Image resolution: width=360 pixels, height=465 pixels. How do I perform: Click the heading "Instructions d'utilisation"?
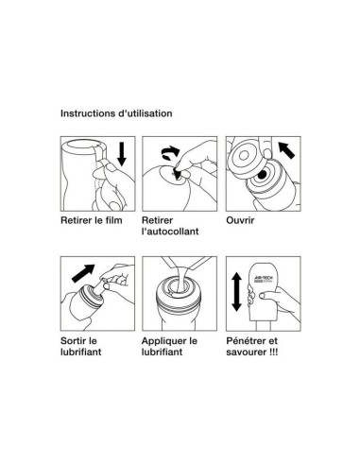point(116,113)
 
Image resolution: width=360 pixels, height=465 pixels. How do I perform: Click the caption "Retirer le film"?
point(92,220)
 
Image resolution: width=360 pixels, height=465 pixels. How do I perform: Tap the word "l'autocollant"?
point(170,232)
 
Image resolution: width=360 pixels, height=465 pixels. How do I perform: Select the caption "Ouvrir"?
point(240,220)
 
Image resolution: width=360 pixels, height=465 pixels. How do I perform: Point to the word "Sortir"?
point(75,340)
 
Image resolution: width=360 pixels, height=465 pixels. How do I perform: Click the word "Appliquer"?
point(161,341)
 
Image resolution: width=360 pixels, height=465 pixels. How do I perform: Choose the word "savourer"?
point(247,352)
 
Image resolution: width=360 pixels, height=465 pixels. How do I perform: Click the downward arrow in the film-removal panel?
point(121,154)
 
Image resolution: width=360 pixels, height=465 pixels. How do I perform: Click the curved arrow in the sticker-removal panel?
point(170,152)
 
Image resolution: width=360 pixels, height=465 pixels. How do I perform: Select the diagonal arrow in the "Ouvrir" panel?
point(286,149)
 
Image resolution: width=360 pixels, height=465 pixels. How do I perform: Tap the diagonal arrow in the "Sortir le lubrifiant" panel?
point(83,273)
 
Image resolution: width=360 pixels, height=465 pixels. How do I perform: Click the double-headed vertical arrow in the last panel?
point(236,292)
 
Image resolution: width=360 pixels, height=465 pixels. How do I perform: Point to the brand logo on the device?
point(264,279)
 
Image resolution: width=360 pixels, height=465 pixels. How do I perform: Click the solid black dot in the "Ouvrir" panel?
point(262,175)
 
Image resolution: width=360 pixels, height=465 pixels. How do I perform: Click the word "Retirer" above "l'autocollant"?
point(157,220)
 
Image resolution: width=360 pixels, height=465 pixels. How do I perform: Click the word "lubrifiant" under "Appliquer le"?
point(162,352)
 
